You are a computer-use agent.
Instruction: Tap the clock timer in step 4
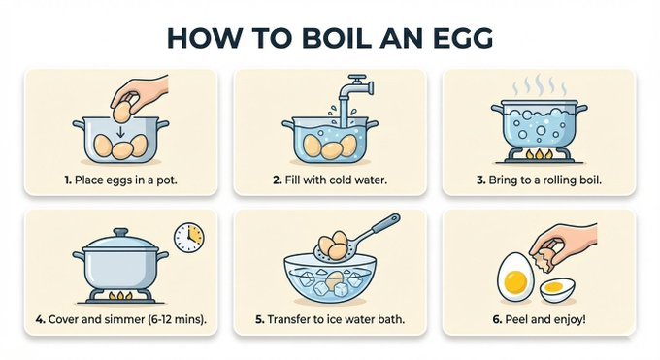188,236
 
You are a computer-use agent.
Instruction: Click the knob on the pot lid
120,232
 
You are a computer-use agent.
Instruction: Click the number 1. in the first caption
68,180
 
